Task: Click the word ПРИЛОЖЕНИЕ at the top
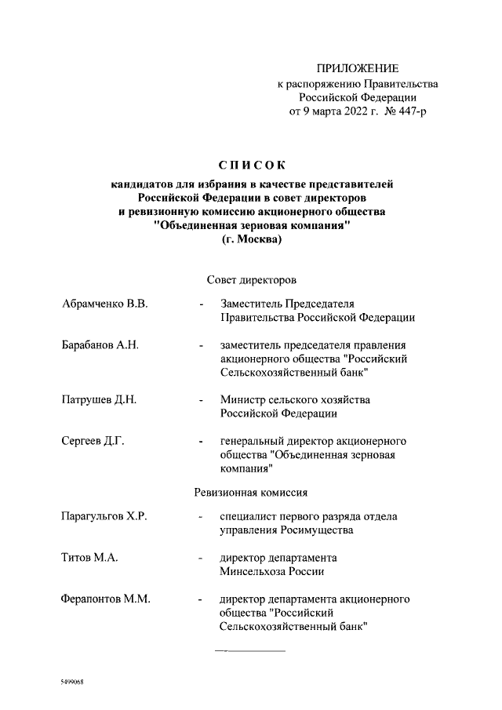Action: coord(358,69)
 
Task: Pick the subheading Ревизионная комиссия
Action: coord(250,493)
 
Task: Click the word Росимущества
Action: coord(317,530)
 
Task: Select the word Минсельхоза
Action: coord(254,572)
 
